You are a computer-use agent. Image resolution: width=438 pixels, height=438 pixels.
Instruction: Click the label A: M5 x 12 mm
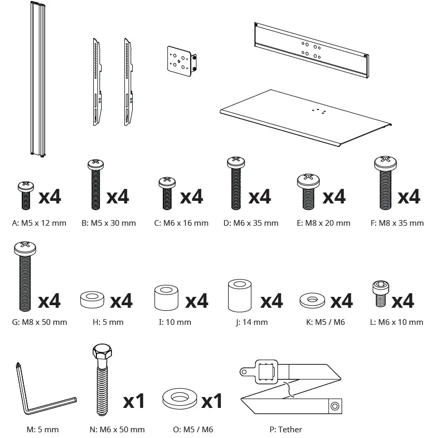pyautogui.click(x=39, y=223)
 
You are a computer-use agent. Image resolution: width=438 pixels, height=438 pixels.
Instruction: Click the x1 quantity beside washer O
pyautogui.click(x=211, y=401)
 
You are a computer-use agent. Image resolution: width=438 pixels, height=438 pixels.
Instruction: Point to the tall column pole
pyautogui.click(x=37, y=78)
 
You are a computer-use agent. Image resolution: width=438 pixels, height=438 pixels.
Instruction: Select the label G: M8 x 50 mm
pyautogui.click(x=39, y=322)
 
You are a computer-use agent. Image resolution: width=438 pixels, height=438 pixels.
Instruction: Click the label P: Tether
pyautogui.click(x=286, y=429)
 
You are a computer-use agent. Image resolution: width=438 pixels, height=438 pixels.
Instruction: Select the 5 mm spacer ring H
pyautogui.click(x=93, y=299)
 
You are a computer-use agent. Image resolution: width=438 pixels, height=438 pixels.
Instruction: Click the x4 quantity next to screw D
pyautogui.click(x=260, y=197)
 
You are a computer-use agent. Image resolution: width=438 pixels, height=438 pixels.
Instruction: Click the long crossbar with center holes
pyautogui.click(x=311, y=49)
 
